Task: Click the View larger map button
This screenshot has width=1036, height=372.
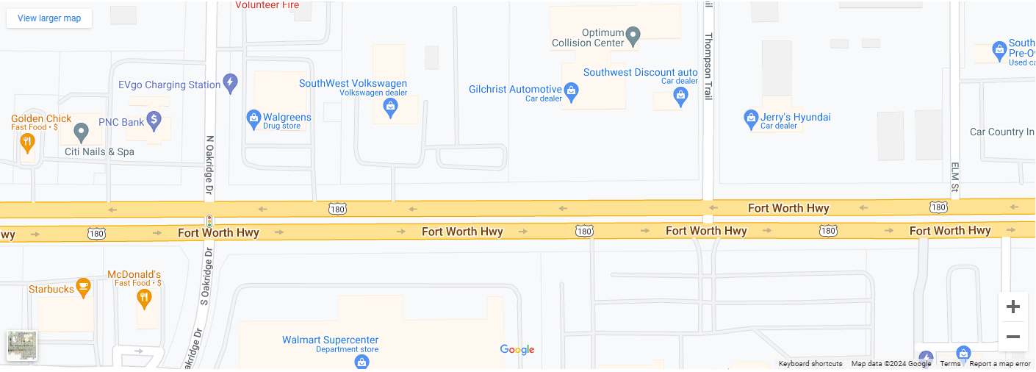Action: (x=49, y=18)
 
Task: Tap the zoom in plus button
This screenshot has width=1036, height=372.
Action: (x=1012, y=307)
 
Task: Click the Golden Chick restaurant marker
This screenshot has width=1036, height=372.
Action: (x=28, y=141)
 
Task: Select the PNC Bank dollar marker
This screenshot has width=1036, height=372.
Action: (x=154, y=118)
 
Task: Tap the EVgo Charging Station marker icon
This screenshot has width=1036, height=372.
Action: (x=230, y=82)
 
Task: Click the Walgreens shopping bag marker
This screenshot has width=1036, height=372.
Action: (x=253, y=118)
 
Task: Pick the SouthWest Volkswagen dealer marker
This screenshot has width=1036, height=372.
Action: (x=390, y=107)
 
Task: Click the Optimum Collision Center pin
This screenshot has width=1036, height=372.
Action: (x=633, y=35)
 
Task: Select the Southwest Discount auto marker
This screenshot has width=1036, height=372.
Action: (x=680, y=96)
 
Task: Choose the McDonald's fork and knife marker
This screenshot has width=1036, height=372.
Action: (x=144, y=298)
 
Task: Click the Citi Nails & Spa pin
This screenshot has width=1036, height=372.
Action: (x=82, y=132)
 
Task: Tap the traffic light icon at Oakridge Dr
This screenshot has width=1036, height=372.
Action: (x=209, y=221)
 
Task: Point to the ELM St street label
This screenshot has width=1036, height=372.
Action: (x=955, y=177)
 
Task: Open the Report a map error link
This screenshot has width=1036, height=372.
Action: (x=1000, y=364)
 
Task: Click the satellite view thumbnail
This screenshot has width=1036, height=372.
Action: (x=22, y=346)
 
